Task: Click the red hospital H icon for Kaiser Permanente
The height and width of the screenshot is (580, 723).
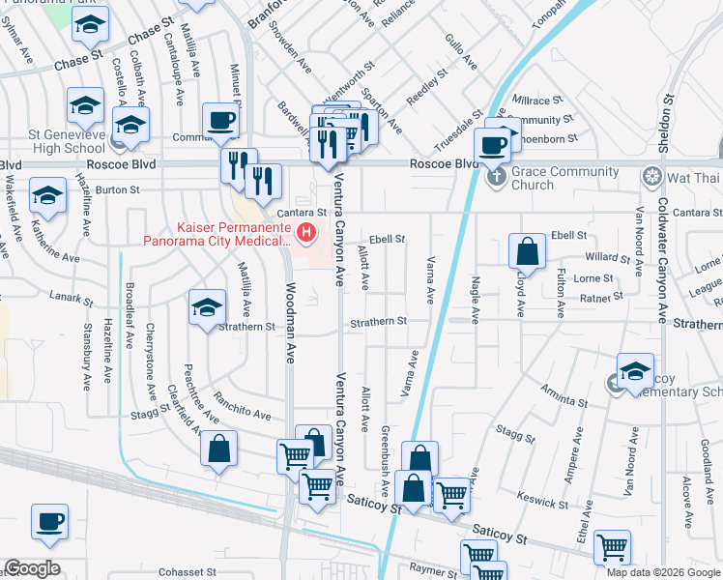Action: pos(306,232)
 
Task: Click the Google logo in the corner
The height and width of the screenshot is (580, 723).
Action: pos(32,568)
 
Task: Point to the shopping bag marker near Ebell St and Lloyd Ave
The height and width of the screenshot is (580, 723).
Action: pos(528,252)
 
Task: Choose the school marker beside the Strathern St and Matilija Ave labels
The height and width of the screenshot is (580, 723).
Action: pos(206,309)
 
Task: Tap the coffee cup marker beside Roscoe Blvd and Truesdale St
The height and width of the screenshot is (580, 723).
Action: pos(493,145)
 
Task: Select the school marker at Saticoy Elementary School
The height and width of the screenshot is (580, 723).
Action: pos(634,371)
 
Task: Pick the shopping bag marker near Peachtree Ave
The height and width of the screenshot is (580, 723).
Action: pos(219,449)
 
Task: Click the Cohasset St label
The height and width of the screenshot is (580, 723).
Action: pos(188,572)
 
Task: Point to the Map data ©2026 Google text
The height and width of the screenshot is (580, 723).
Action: pos(662,572)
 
